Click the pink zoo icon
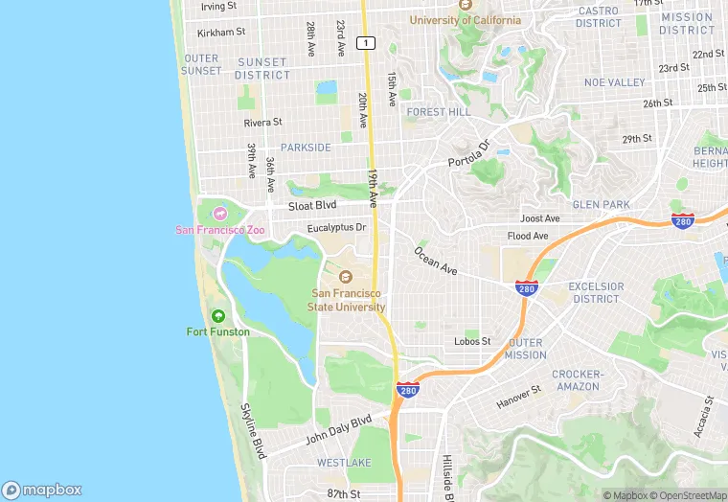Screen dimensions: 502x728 coord(221,213)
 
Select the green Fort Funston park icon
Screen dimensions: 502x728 coord(218,316)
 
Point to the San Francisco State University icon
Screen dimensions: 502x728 coord(347,277)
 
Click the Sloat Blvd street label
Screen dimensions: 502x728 coord(313,206)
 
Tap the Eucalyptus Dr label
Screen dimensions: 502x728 coord(336,228)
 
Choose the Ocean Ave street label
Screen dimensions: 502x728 coord(435,262)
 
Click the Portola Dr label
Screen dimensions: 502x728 coord(469,153)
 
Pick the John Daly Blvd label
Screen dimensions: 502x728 coord(338,429)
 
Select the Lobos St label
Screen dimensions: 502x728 coord(472,341)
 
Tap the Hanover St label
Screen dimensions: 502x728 coord(518,397)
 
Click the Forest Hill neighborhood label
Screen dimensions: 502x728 coord(439,112)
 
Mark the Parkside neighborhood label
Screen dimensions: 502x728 coord(307,148)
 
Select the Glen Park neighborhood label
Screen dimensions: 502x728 coord(601,204)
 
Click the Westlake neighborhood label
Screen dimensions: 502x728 coord(344,463)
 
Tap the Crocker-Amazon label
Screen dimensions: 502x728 coord(577,380)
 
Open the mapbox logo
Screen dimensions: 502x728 coord(42,489)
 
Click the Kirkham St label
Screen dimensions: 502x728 coord(221,33)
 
